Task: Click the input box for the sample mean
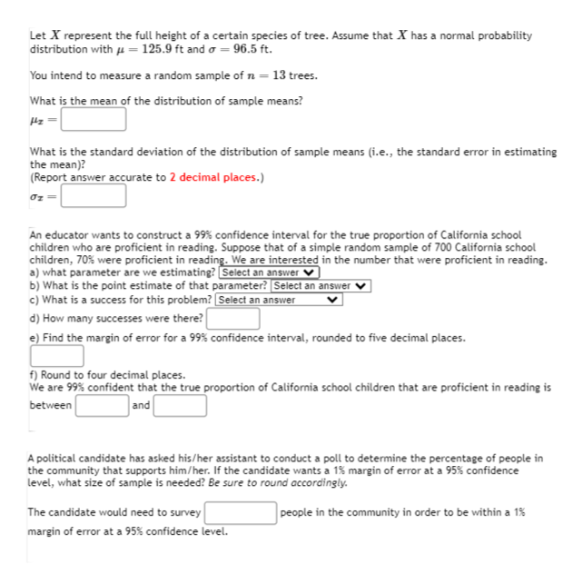94,119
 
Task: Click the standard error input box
94,195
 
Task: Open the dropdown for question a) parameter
271,272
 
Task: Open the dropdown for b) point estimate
322,286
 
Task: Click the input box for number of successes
233,319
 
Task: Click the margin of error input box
58,356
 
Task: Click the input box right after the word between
102,405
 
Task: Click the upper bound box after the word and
180,405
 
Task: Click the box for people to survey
241,513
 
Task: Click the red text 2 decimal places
215,177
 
